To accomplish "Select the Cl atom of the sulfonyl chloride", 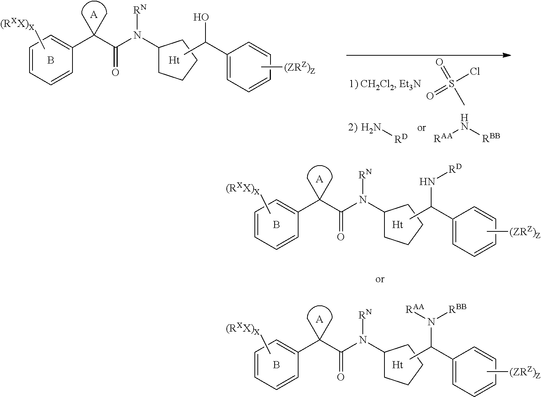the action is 474,72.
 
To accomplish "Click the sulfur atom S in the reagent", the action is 451,85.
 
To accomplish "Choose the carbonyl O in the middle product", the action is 340,237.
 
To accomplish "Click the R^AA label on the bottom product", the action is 414,309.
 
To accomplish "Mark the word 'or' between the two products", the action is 380,279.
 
